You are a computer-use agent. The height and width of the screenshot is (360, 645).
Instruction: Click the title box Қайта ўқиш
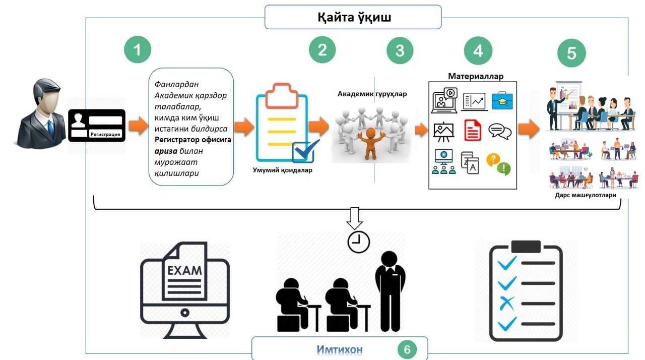point(353,17)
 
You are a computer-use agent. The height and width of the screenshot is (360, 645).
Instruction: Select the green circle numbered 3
point(400,50)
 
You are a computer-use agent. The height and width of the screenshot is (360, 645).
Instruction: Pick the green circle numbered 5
point(571,53)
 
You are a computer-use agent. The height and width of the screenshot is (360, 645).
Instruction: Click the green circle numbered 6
point(407,349)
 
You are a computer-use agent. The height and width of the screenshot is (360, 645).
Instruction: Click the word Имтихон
point(340,349)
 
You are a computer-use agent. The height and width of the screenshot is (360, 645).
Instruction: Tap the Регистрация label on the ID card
point(105,134)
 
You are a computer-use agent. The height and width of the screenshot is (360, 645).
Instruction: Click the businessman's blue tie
point(51,128)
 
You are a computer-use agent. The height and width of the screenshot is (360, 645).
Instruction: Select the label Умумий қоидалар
point(282,170)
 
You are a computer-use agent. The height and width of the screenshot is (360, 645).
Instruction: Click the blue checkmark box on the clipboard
point(305,151)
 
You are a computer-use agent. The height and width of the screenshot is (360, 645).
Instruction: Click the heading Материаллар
point(475,76)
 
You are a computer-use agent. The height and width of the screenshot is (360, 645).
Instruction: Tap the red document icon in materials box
point(472,130)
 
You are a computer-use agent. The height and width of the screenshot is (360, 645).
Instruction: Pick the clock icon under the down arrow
point(358,242)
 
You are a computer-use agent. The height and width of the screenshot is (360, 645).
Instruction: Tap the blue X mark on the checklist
point(506,304)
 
